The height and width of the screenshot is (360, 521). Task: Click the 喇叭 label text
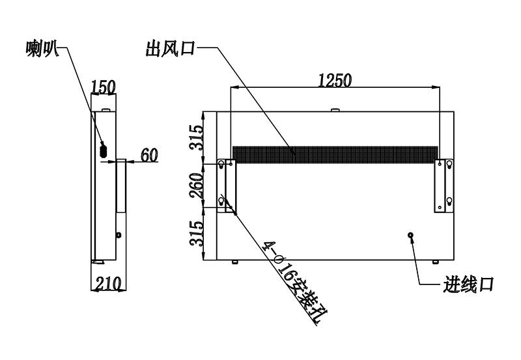coord(42,49)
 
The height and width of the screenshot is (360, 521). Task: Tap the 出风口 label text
coord(170,48)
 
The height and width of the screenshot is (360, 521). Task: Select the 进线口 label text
coord(468,284)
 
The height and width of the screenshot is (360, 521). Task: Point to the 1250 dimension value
coord(335,80)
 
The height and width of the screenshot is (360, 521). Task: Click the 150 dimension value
coord(104,87)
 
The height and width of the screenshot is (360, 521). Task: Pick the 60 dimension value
coord(149,155)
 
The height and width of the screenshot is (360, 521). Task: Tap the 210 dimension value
coord(108,284)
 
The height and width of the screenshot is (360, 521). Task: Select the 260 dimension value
coord(197,186)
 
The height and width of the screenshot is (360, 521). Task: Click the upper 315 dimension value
coord(197,137)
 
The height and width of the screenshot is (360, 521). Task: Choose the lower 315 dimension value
coord(197,234)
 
